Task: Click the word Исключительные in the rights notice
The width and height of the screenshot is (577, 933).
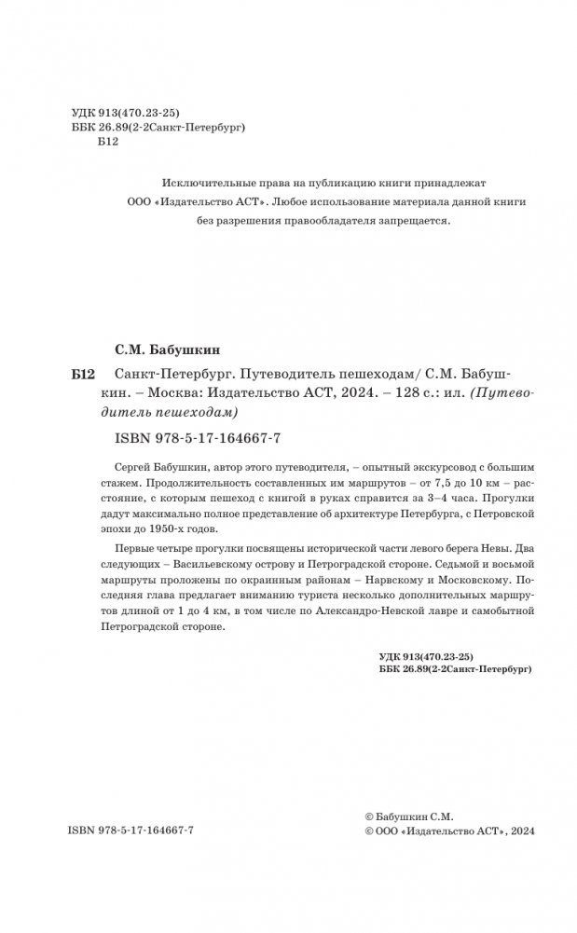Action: click(x=204, y=183)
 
